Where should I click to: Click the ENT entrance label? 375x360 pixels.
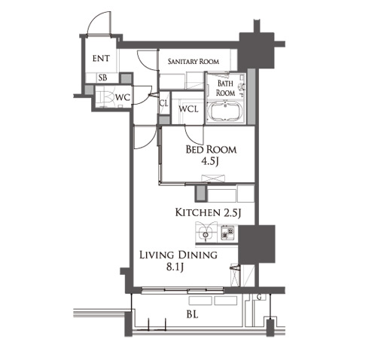[101, 59]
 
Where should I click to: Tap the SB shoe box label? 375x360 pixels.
[102, 78]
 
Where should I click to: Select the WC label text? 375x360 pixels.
[123, 97]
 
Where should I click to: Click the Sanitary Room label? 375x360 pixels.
[194, 61]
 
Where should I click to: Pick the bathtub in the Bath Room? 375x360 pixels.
[225, 112]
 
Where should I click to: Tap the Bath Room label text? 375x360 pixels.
[226, 88]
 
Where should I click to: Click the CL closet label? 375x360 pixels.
[164, 103]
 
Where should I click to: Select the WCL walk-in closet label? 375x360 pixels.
[188, 109]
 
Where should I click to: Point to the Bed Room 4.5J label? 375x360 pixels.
[211, 155]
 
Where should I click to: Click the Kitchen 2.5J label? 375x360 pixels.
[208, 213]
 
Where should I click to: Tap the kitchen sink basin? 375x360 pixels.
[206, 234]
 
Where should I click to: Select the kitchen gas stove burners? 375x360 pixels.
[227, 232]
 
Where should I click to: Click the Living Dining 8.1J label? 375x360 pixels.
[178, 261]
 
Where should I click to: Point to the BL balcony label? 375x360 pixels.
[192, 314]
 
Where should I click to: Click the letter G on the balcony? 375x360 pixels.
[260, 297]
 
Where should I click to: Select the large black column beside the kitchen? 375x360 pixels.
[256, 244]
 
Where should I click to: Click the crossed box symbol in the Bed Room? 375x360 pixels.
[213, 178]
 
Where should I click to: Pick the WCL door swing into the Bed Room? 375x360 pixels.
[191, 138]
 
